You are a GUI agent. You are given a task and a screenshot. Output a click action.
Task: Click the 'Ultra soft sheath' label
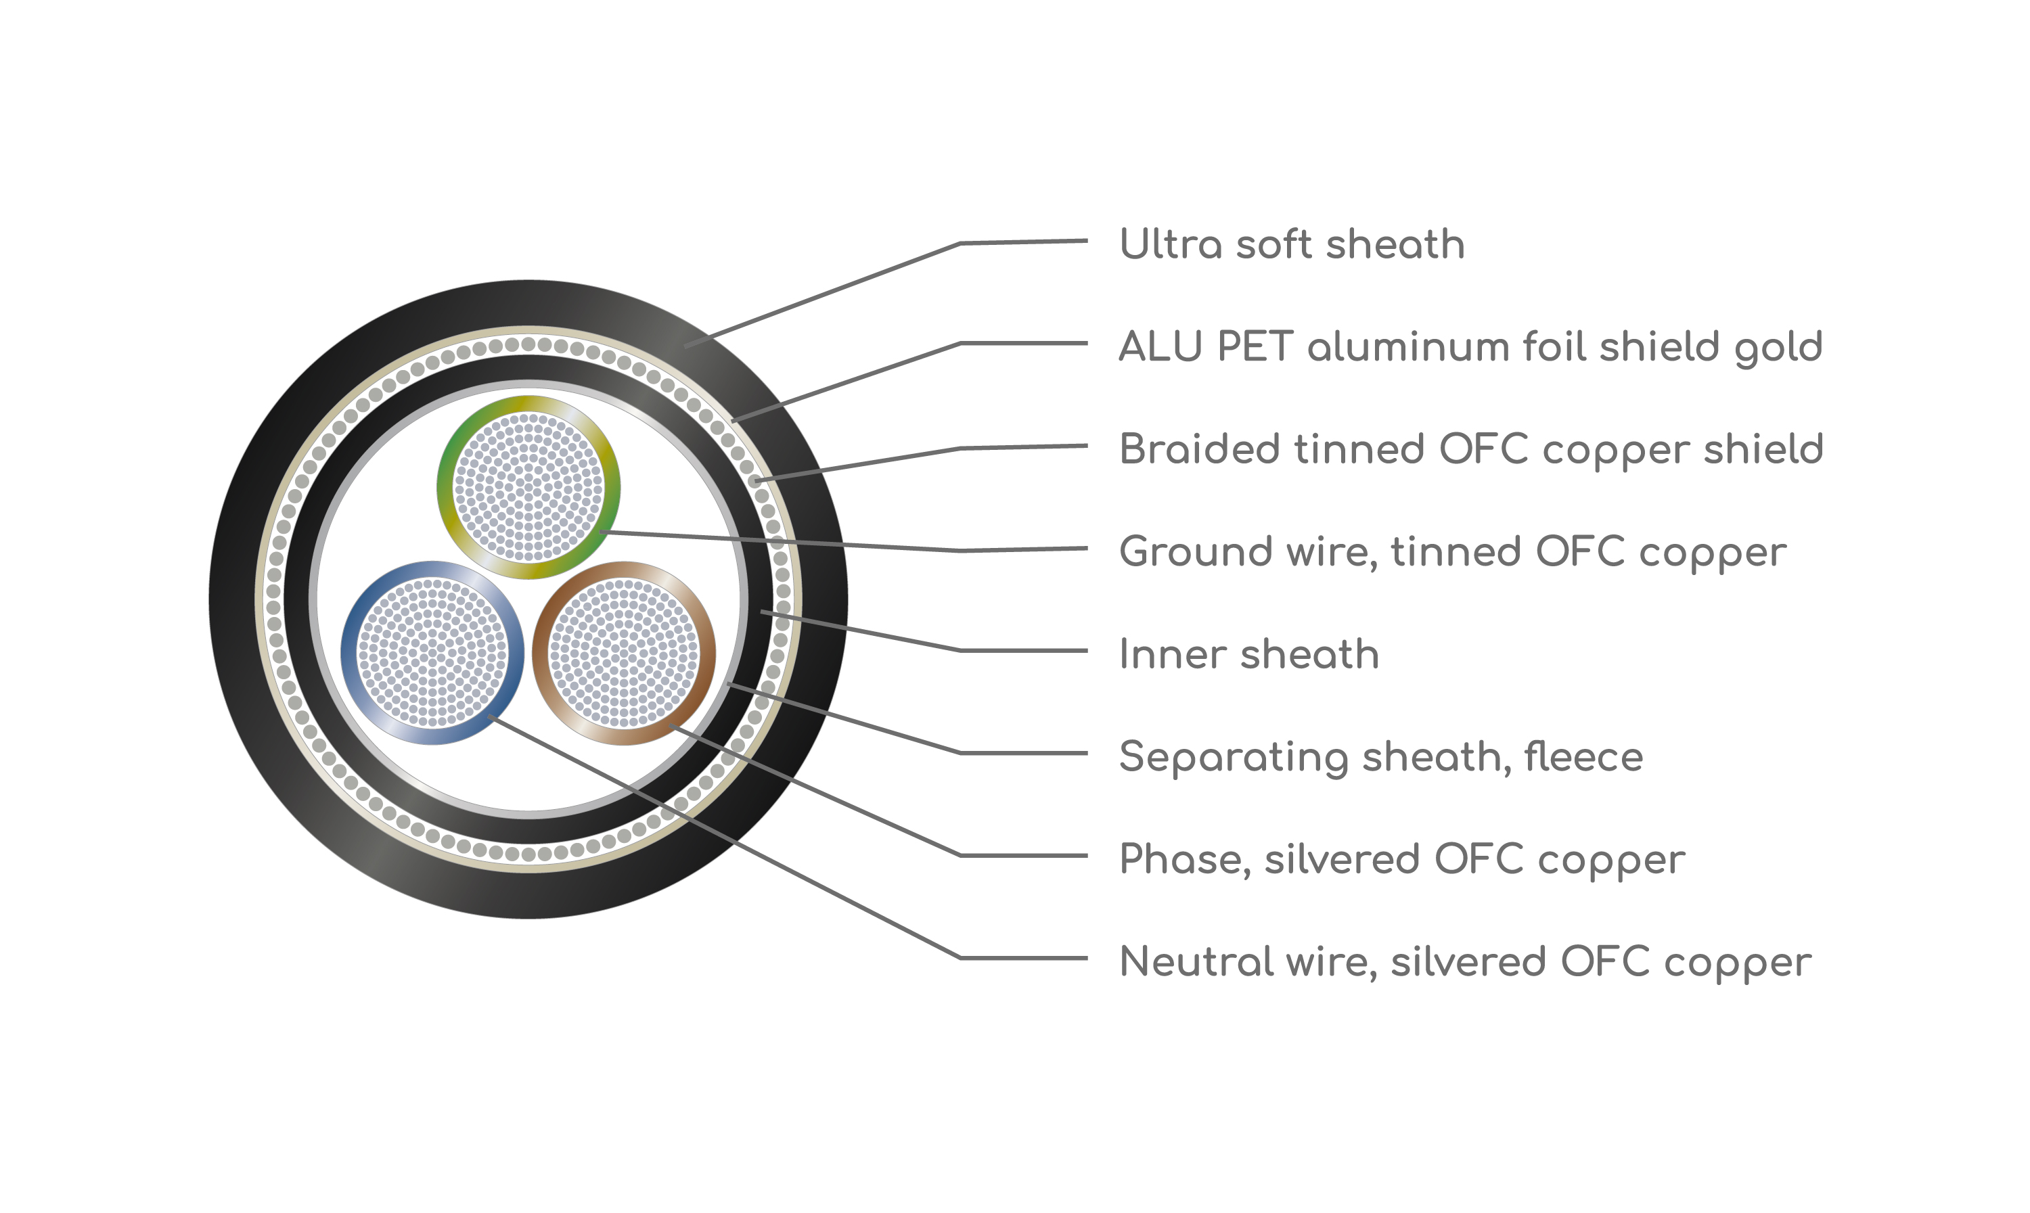1292,244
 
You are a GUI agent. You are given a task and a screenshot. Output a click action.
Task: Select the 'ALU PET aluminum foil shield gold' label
1471,347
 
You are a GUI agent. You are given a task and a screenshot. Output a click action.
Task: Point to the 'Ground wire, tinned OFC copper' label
1453,553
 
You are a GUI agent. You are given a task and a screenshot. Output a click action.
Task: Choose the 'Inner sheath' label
1249,655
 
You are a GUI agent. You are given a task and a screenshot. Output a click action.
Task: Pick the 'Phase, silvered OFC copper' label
1402,860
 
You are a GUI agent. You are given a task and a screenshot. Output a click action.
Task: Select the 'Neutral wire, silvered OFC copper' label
1465,962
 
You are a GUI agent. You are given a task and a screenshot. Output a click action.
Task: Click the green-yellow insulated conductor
528,488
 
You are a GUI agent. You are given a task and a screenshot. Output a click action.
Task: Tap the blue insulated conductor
432,653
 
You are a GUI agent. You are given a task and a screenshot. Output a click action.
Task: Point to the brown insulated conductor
624,653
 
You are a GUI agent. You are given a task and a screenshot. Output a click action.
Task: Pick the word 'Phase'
1183,860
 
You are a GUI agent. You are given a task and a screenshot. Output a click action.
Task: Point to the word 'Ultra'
1171,244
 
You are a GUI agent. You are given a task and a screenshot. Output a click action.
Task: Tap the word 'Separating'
1234,758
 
